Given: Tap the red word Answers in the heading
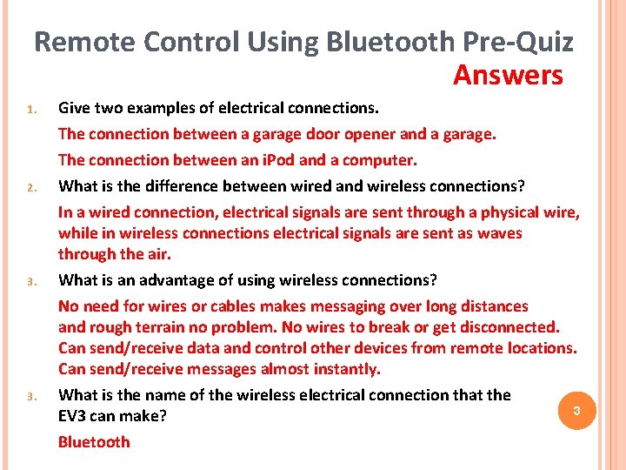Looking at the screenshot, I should click(508, 76).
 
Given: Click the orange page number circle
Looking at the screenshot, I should click(575, 410).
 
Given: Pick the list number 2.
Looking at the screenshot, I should click(29, 187).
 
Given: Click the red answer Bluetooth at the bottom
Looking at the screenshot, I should click(94, 441).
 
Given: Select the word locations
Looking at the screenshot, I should click(543, 348).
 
